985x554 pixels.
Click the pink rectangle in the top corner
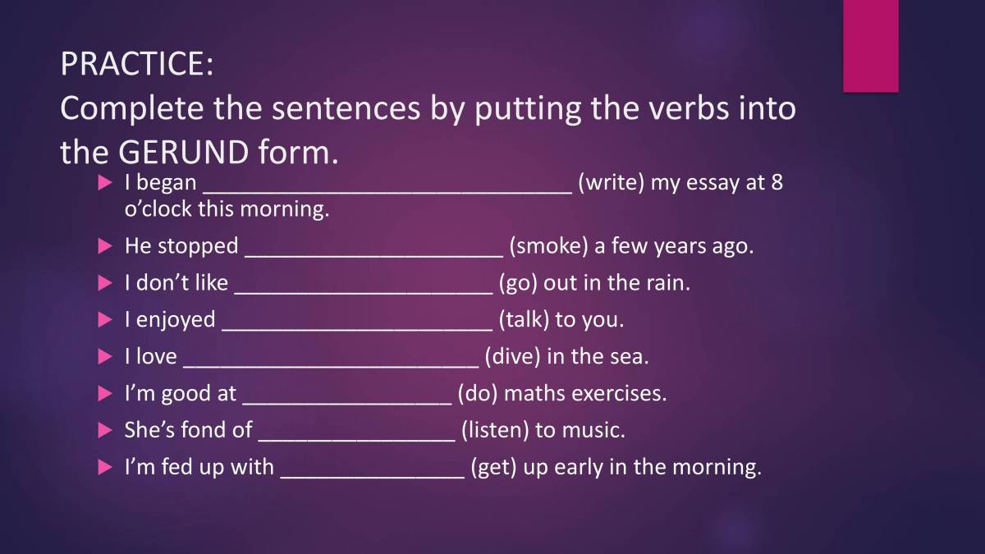(x=870, y=45)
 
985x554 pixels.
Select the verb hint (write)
(x=611, y=182)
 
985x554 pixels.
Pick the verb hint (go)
(x=517, y=283)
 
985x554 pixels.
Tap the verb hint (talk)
(x=524, y=319)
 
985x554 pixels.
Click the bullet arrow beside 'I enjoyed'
(x=104, y=320)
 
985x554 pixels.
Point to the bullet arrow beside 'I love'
(x=104, y=357)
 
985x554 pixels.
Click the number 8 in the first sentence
(x=777, y=182)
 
